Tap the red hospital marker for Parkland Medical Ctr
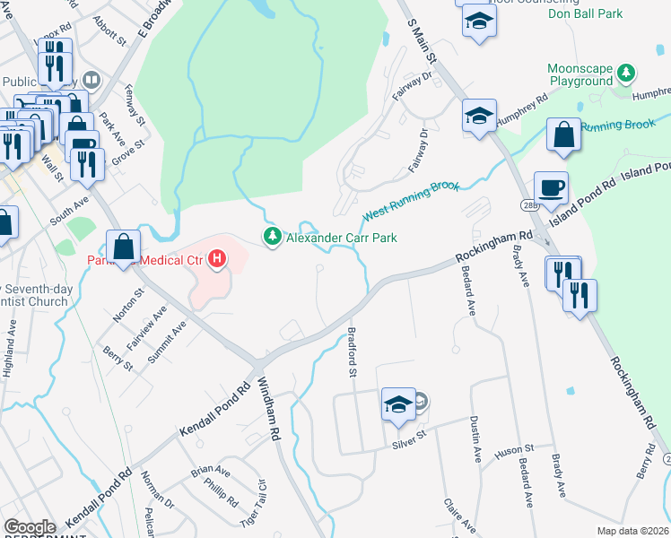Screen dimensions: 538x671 pos(216,261)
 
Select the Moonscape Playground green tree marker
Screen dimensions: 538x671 pos(630,73)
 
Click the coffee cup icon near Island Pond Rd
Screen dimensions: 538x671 pos(552,188)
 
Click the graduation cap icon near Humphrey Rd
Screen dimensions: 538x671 pos(479,116)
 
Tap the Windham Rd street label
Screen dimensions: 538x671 pos(268,411)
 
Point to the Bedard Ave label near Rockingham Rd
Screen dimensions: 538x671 pos(471,295)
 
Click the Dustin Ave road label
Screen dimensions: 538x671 pos(476,442)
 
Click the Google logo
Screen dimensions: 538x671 pos(29,527)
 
